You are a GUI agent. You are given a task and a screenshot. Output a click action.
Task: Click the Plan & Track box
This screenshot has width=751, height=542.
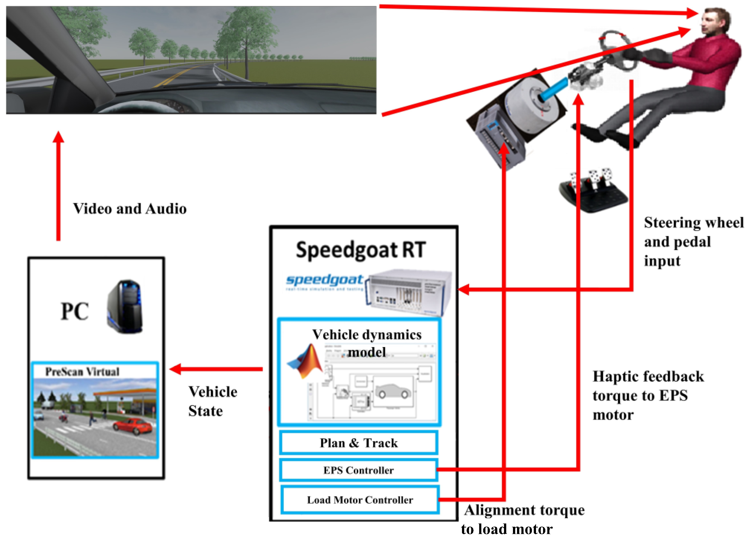pyautogui.click(x=359, y=443)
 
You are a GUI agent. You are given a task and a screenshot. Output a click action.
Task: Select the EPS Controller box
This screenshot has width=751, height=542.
pyautogui.click(x=359, y=470)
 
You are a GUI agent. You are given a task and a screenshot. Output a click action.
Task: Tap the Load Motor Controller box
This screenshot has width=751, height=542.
pyautogui.click(x=360, y=500)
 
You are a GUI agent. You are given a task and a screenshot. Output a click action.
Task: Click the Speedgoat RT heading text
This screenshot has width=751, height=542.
pyautogui.click(x=360, y=250)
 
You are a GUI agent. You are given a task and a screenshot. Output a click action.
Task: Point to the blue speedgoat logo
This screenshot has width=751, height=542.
pyautogui.click(x=324, y=280)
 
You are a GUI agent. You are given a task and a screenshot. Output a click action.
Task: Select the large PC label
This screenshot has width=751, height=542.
pyautogui.click(x=75, y=311)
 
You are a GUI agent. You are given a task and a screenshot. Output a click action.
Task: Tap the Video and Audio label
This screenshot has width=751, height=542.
pyautogui.click(x=129, y=209)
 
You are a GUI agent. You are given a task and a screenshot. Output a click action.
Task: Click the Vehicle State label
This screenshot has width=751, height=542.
pyautogui.click(x=212, y=401)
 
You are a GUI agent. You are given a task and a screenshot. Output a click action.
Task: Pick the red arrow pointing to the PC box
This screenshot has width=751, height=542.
pyautogui.click(x=216, y=369)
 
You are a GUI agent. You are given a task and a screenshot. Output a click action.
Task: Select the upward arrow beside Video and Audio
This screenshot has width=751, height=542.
pyautogui.click(x=58, y=186)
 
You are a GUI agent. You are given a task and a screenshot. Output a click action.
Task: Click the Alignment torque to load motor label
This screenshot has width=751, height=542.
pyautogui.click(x=523, y=519)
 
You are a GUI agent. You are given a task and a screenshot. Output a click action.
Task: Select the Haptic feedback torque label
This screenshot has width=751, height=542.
pyautogui.click(x=647, y=395)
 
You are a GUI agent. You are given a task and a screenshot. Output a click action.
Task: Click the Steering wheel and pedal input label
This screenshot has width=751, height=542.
pyautogui.click(x=693, y=241)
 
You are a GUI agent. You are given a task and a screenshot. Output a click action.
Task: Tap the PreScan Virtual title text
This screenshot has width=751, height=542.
pyautogui.click(x=82, y=371)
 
